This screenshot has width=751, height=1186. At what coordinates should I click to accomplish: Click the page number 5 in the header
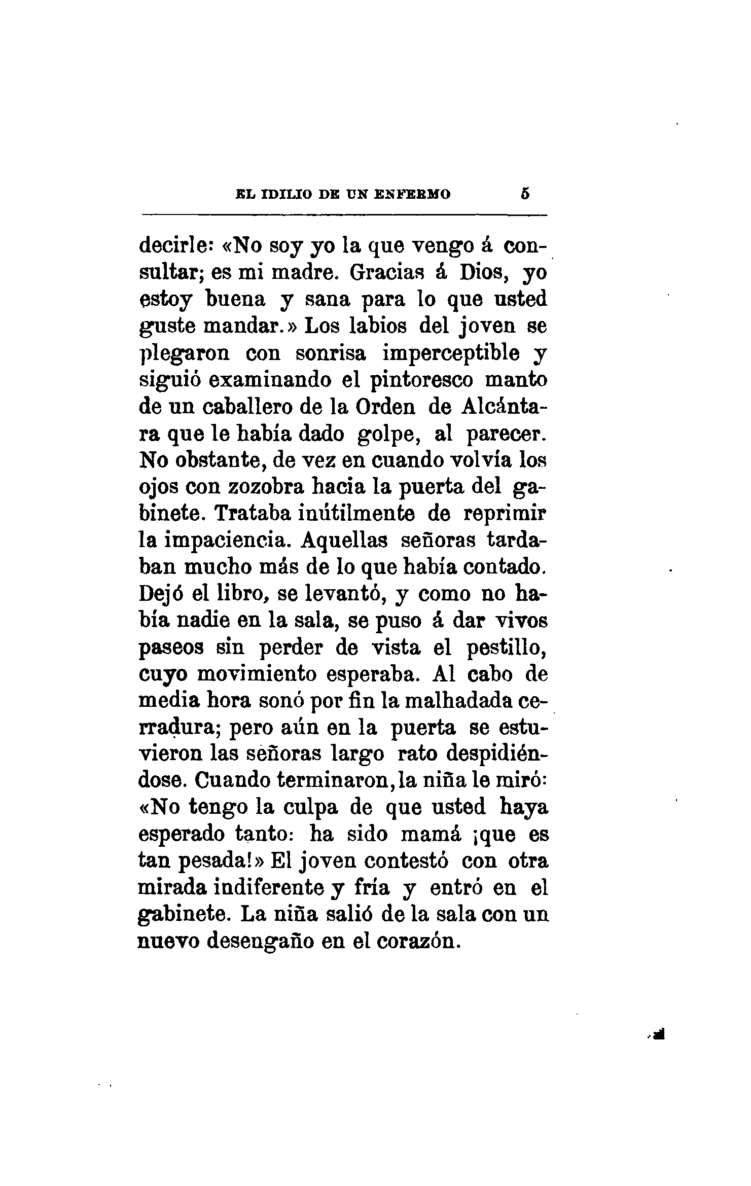point(525,194)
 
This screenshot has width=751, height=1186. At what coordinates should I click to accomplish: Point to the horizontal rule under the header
point(344,216)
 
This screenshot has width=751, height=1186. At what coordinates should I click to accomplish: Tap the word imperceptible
point(451,353)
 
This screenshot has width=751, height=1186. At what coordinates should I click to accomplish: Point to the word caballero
point(247,407)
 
